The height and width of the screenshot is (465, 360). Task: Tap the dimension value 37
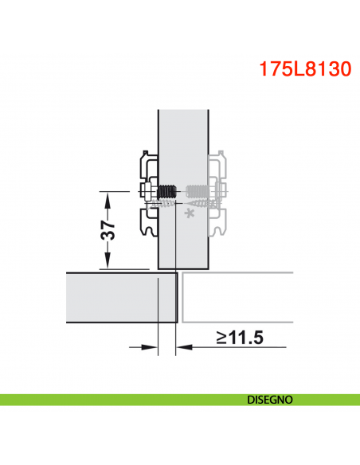click(x=110, y=230)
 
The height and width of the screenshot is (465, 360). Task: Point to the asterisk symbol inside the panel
click(x=189, y=213)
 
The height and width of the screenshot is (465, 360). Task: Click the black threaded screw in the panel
click(x=166, y=192)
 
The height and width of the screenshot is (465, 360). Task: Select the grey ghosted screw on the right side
click(x=197, y=191)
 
